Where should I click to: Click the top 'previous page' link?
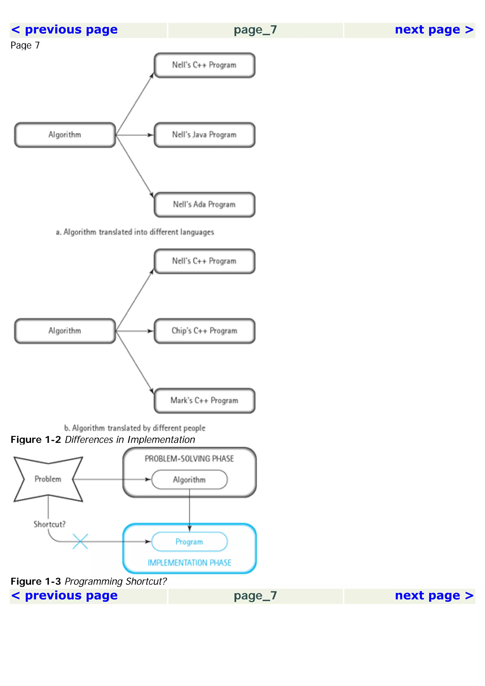point(64,30)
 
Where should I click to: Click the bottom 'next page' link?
point(434,596)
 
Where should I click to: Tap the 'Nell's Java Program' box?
point(204,135)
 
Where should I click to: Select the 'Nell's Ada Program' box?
point(204,205)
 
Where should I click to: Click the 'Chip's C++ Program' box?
point(204,331)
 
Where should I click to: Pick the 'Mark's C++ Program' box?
point(204,400)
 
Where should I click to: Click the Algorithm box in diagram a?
point(65,135)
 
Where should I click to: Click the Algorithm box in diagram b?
point(65,331)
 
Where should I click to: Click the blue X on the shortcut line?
point(80,541)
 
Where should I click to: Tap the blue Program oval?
point(189,542)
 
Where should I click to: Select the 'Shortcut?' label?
point(49,524)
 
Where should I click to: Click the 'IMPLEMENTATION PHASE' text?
point(189,563)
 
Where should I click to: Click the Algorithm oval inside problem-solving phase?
point(189,480)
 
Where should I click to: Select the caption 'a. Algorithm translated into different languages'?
point(135,232)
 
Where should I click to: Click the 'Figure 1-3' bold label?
point(36,581)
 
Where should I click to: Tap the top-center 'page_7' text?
point(255,30)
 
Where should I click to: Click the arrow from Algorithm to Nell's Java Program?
point(135,135)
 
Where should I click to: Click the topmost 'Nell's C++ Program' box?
point(204,65)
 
